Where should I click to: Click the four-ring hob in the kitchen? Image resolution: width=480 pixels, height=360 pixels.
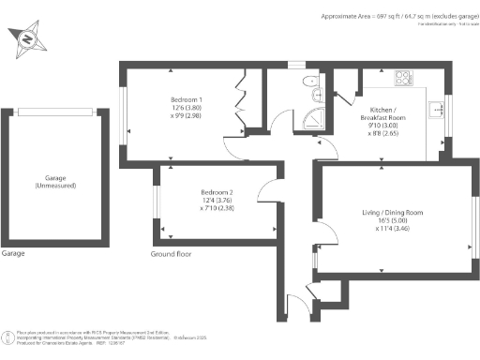(404, 78)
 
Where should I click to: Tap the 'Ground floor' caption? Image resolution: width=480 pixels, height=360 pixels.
(172, 254)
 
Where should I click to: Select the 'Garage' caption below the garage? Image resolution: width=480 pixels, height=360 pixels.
(13, 254)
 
